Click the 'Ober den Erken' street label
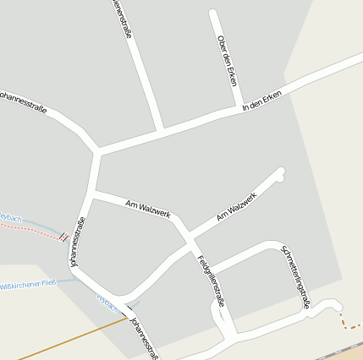226,61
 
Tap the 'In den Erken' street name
261,101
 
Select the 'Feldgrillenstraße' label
212,280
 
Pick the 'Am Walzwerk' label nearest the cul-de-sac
236,207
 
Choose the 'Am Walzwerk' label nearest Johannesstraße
148,209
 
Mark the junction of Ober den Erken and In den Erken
235,109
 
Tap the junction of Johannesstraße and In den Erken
98,152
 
